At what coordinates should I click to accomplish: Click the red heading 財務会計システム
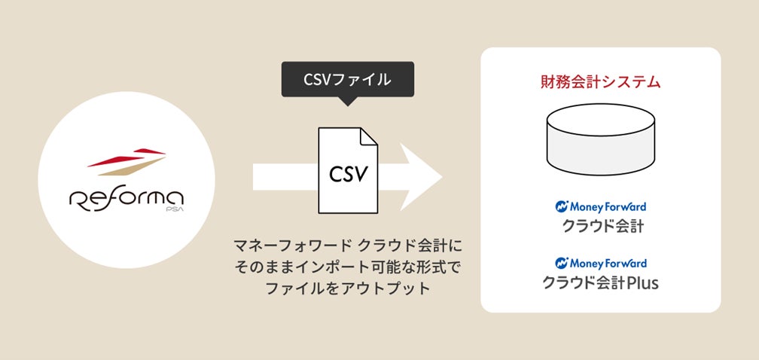pos(600,82)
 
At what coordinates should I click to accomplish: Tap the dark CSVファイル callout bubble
pos(347,79)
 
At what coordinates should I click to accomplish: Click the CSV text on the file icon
pos(347,174)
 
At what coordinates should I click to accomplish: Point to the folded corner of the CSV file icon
pos(367,137)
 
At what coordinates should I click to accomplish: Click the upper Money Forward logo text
pos(608,206)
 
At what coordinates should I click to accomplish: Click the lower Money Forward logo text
pos(608,264)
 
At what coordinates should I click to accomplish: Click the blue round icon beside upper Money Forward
pos(561,206)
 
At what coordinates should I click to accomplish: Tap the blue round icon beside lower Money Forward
pos(561,264)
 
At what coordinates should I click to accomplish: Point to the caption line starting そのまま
pos(347,267)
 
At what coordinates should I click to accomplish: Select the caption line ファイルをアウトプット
pos(347,288)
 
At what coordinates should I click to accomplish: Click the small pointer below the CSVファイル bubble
pos(347,102)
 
